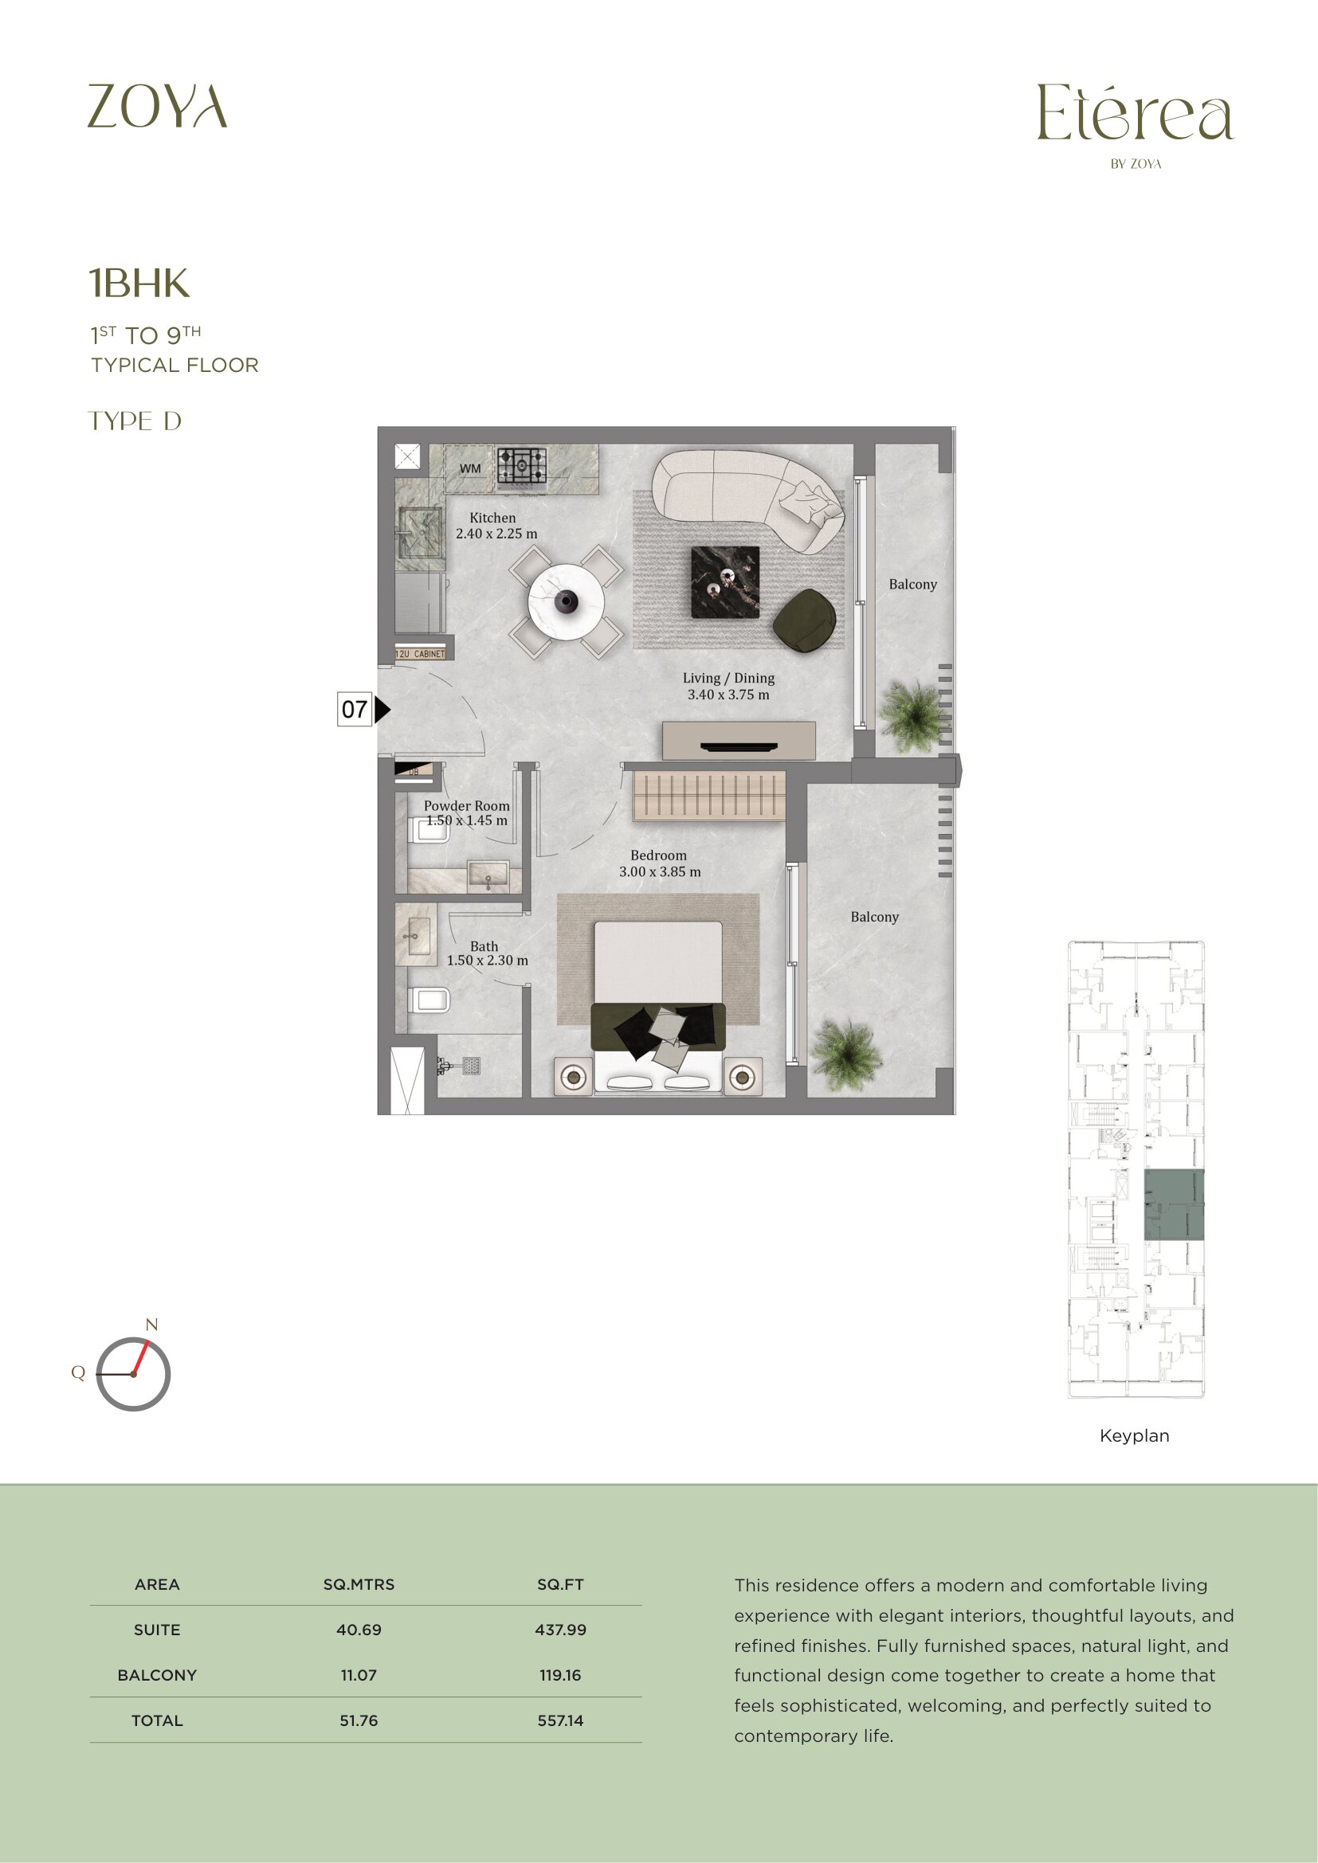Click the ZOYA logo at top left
pyautogui.click(x=158, y=106)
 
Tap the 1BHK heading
pyautogui.click(x=139, y=284)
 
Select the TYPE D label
pyautogui.click(x=135, y=421)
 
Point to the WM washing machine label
pyautogui.click(x=470, y=468)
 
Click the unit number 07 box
pyautogui.click(x=355, y=709)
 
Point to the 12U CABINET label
pyautogui.click(x=420, y=653)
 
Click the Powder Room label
pyautogui.click(x=467, y=806)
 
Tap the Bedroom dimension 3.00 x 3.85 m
pyautogui.click(x=660, y=871)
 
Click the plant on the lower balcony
pyautogui.click(x=845, y=1055)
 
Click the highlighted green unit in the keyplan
pyautogui.click(x=1174, y=1204)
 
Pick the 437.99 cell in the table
pyautogui.click(x=560, y=1630)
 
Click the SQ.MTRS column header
pyautogui.click(x=359, y=1584)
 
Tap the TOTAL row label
pyautogui.click(x=158, y=1720)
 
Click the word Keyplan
pyautogui.click(x=1134, y=1435)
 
